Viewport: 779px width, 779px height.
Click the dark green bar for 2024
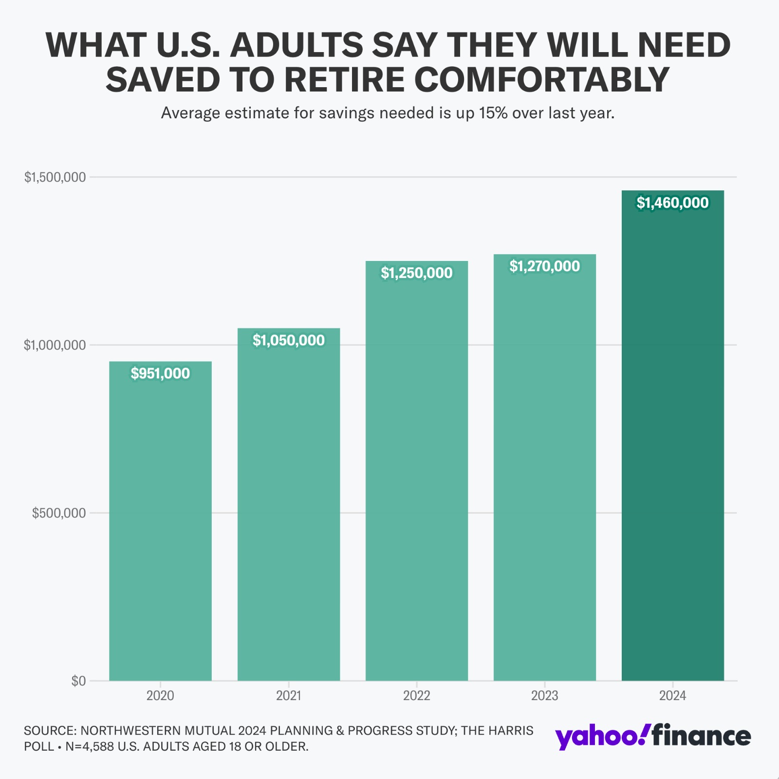[x=672, y=438]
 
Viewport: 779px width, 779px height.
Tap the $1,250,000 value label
[x=417, y=273]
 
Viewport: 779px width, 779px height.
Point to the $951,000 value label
[x=160, y=373]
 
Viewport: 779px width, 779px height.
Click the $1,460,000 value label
[x=672, y=203]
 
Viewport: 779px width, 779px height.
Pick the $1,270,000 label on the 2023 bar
[x=544, y=266]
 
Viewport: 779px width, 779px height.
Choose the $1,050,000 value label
[x=288, y=340]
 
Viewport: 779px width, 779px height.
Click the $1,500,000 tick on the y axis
[x=55, y=177]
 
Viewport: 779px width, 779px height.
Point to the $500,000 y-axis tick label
[x=59, y=513]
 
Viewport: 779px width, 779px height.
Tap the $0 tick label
[x=78, y=681]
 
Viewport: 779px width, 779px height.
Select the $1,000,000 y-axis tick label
[x=55, y=345]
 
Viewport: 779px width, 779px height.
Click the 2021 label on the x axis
[x=288, y=696]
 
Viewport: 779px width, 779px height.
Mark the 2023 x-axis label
[x=544, y=696]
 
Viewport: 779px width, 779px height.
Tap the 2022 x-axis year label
[x=417, y=696]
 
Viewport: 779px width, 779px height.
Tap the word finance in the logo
[x=702, y=736]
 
